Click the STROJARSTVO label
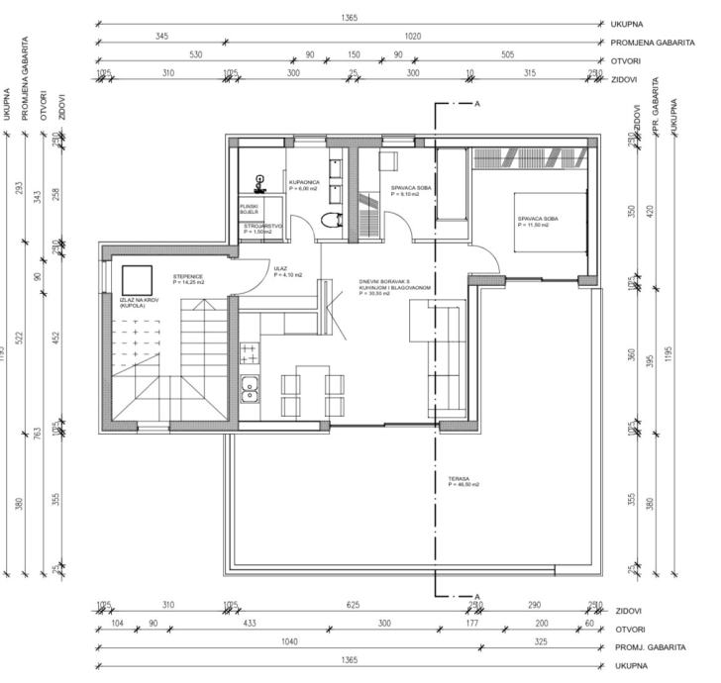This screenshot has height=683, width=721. (x=264, y=228)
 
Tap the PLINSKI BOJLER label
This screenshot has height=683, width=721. (x=250, y=210)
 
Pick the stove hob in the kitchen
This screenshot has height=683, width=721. (x=249, y=354)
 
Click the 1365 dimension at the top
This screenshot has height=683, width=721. (x=348, y=18)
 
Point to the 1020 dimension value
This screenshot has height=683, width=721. (x=412, y=37)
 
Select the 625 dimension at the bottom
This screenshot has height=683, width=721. (x=352, y=605)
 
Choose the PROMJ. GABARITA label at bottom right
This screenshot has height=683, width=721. (x=651, y=647)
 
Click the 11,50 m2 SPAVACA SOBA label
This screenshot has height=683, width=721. (x=538, y=222)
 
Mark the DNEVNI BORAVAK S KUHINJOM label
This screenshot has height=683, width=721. (x=396, y=287)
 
